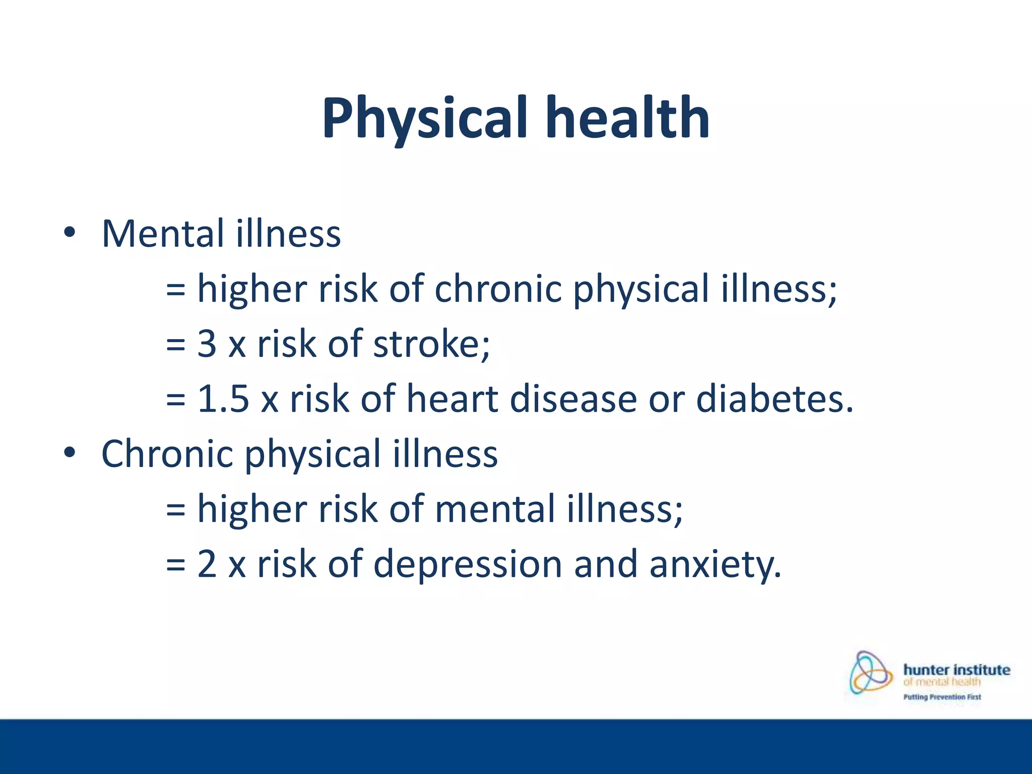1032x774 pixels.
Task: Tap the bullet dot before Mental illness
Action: click(70, 233)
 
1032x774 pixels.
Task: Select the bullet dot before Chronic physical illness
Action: click(70, 453)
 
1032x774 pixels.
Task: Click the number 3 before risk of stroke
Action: click(207, 344)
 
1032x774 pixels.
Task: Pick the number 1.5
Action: click(223, 399)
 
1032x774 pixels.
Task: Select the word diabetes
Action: click(774, 399)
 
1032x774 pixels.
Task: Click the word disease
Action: click(573, 399)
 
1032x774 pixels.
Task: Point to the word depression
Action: click(467, 564)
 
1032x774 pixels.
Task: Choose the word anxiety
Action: click(715, 564)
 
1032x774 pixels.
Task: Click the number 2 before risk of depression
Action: click(207, 564)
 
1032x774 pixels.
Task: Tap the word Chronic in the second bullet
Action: click(167, 454)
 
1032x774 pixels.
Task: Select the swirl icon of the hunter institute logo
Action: click(870, 673)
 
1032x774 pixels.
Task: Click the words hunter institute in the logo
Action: click(956, 670)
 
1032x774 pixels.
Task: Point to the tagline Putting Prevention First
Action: click(942, 697)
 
